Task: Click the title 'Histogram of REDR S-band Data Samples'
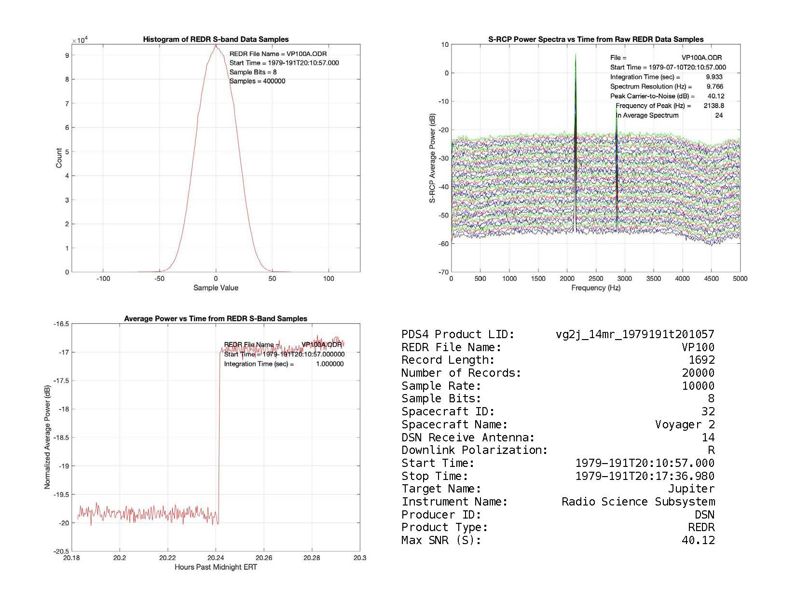(216, 40)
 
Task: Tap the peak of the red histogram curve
(216, 45)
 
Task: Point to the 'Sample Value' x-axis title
(216, 288)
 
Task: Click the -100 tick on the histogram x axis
(103, 279)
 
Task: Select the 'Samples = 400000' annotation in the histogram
(257, 81)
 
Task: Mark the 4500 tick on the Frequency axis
(711, 279)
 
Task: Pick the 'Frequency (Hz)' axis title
(596, 288)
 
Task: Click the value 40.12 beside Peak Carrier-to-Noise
(716, 96)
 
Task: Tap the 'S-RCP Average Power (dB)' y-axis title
(433, 158)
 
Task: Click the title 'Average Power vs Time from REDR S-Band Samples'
(216, 319)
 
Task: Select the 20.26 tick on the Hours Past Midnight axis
(263, 558)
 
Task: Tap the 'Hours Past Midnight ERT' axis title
(216, 567)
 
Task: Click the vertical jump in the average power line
(220, 434)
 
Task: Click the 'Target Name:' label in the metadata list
(441, 489)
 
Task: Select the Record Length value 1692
(701, 360)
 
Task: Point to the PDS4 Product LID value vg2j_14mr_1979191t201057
(635, 334)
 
